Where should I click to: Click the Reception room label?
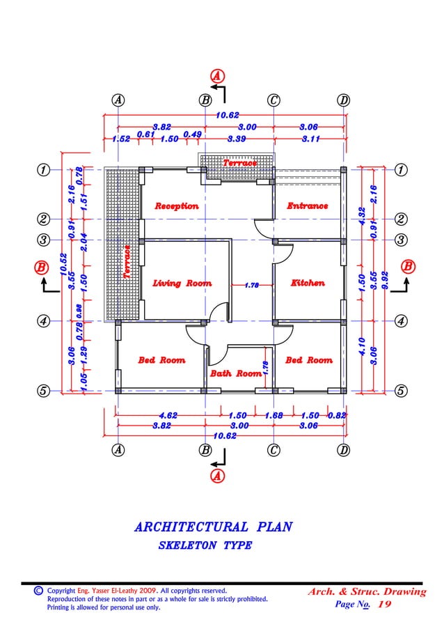click(176, 206)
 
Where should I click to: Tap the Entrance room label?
click(307, 206)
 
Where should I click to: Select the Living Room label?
click(182, 284)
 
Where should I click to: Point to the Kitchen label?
click(308, 284)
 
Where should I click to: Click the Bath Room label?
click(235, 374)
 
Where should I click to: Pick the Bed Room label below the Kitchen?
click(308, 360)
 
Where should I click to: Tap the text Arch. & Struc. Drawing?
click(366, 592)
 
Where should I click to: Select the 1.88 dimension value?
click(274, 416)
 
